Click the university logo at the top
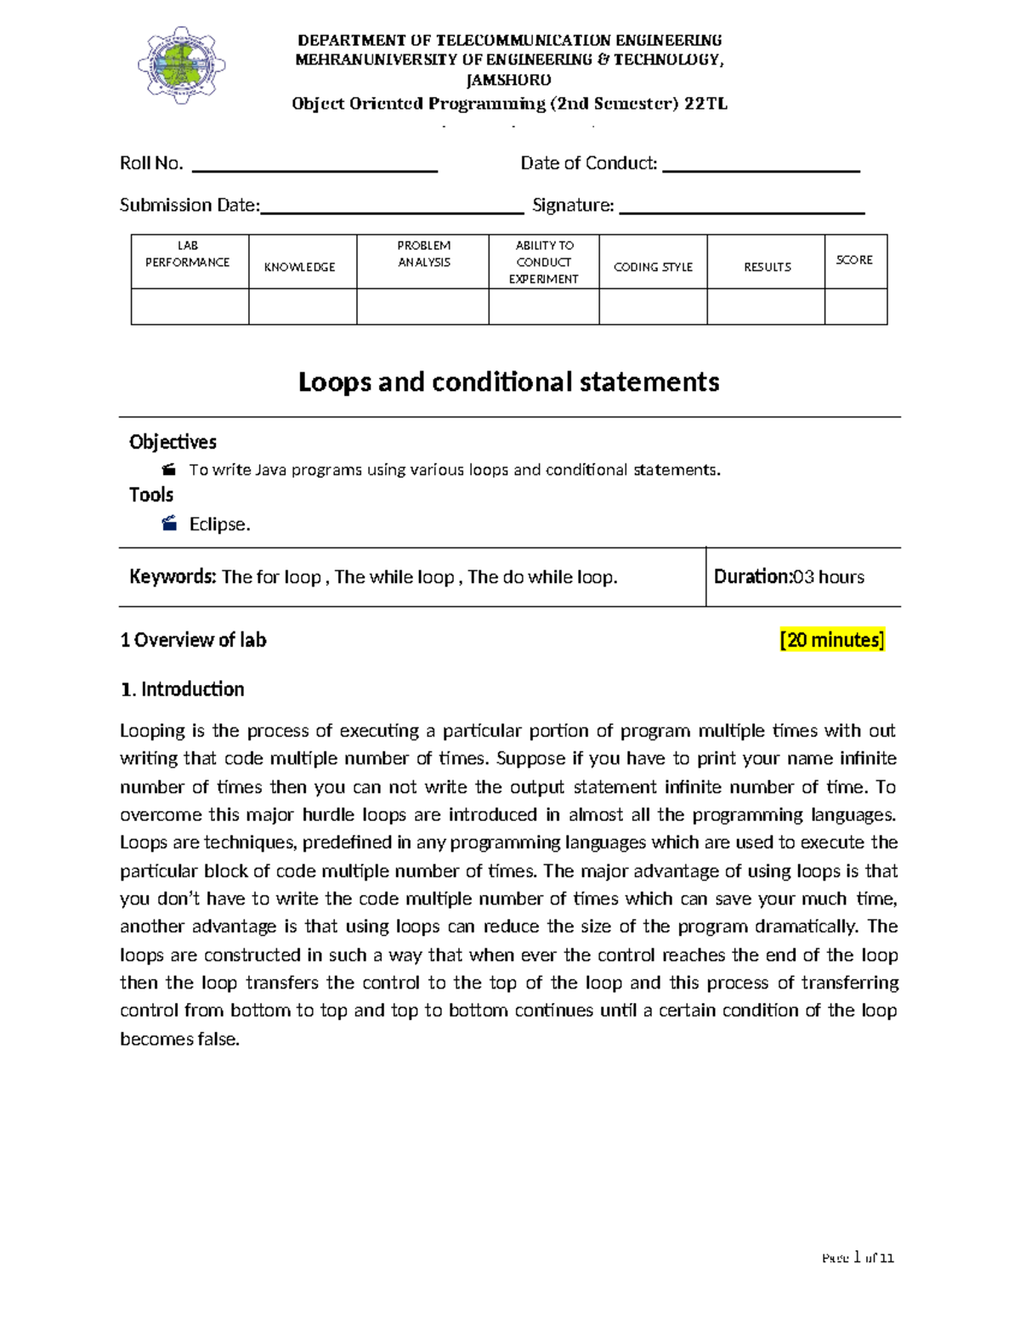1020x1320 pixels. [181, 65]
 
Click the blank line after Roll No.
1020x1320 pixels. [314, 170]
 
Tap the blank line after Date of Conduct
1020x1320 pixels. [761, 170]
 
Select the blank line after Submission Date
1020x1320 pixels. [392, 212]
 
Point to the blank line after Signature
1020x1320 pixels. [741, 212]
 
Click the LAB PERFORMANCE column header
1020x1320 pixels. [188, 254]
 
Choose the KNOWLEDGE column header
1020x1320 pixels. [299, 267]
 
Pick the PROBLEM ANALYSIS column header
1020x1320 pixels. [423, 254]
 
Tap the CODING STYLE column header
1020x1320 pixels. [653, 267]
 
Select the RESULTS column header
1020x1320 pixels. [767, 267]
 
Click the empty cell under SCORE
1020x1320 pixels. [855, 307]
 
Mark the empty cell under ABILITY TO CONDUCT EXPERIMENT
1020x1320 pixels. [543, 307]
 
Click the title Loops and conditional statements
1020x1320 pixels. [508, 382]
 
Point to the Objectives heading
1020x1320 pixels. [173, 442]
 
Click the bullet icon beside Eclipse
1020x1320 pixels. [169, 524]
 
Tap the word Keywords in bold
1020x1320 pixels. [173, 577]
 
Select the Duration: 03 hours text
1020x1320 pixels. [789, 577]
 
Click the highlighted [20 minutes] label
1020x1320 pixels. [831, 640]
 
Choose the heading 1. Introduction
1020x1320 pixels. [182, 689]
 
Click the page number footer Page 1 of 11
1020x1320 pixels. [858, 1258]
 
